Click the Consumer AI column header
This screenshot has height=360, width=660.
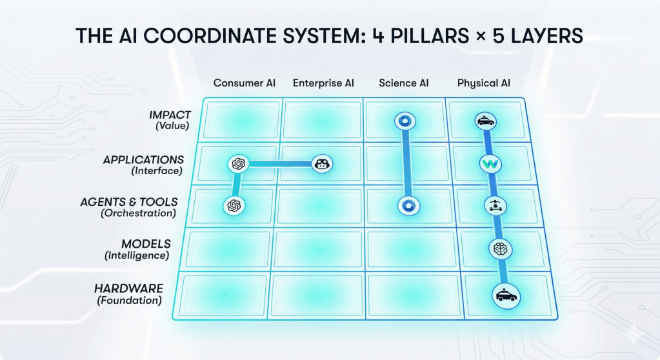(245, 83)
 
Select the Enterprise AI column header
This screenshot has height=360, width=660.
(323, 83)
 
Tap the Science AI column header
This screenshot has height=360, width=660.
(404, 83)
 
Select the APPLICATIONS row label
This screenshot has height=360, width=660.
(143, 160)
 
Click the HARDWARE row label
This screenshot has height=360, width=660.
(128, 288)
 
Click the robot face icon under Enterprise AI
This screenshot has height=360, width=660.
(322, 164)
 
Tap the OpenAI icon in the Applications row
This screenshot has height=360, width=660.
(238, 164)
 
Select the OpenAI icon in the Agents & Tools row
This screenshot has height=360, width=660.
(234, 205)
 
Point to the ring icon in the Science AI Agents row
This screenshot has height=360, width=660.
(408, 205)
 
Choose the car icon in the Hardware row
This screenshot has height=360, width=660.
(505, 296)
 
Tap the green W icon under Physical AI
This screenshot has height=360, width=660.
(490, 164)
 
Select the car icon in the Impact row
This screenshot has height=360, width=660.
(486, 121)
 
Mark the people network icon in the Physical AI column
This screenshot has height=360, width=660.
(494, 205)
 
